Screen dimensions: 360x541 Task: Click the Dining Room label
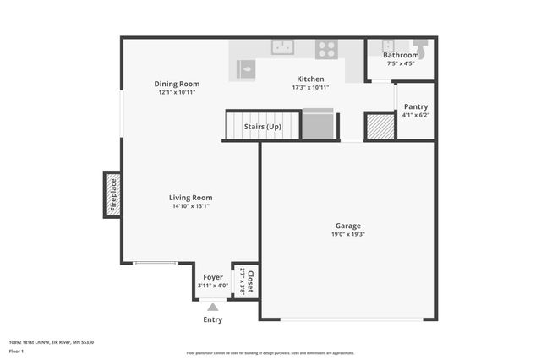tap(177, 84)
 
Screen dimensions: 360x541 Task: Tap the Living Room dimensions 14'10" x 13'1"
tap(191, 206)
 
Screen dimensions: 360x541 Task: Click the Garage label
tap(348, 226)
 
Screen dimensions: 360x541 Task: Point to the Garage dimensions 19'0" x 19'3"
tap(348, 234)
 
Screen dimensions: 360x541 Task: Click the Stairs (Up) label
tap(262, 127)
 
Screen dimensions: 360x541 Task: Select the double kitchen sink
tap(281, 47)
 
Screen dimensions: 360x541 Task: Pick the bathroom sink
tap(388, 46)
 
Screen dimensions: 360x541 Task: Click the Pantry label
tap(415, 106)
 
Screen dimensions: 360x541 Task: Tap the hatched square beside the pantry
tap(380, 126)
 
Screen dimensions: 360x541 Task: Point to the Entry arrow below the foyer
tap(213, 308)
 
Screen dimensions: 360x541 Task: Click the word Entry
tap(213, 319)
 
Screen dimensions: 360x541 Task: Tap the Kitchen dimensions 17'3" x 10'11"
tap(309, 87)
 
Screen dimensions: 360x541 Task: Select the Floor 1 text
tap(17, 351)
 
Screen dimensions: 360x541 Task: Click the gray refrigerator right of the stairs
tap(318, 125)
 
